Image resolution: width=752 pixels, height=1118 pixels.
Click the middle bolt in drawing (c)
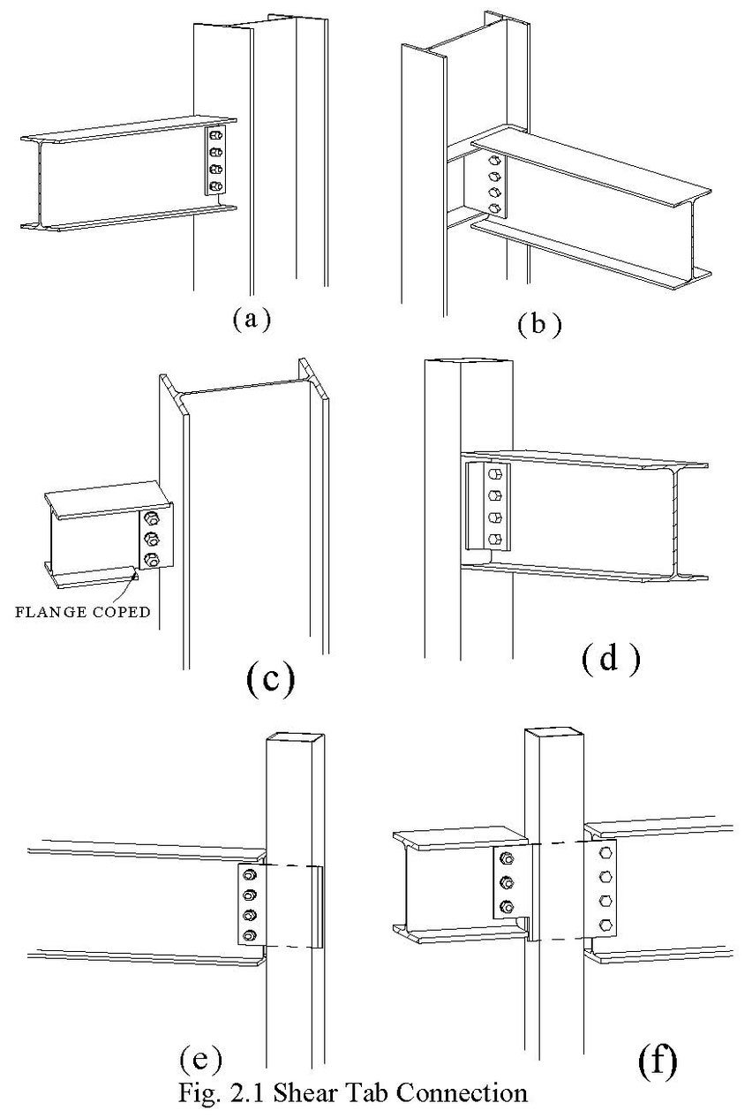pyautogui.click(x=151, y=538)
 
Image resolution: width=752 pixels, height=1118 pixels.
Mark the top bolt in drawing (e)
pyautogui.click(x=250, y=874)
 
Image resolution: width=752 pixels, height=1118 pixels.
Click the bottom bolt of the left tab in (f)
pyautogui.click(x=508, y=906)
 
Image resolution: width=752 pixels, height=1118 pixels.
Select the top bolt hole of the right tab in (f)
pyautogui.click(x=606, y=853)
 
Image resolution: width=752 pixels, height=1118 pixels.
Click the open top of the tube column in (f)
pyautogui.click(x=551, y=736)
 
